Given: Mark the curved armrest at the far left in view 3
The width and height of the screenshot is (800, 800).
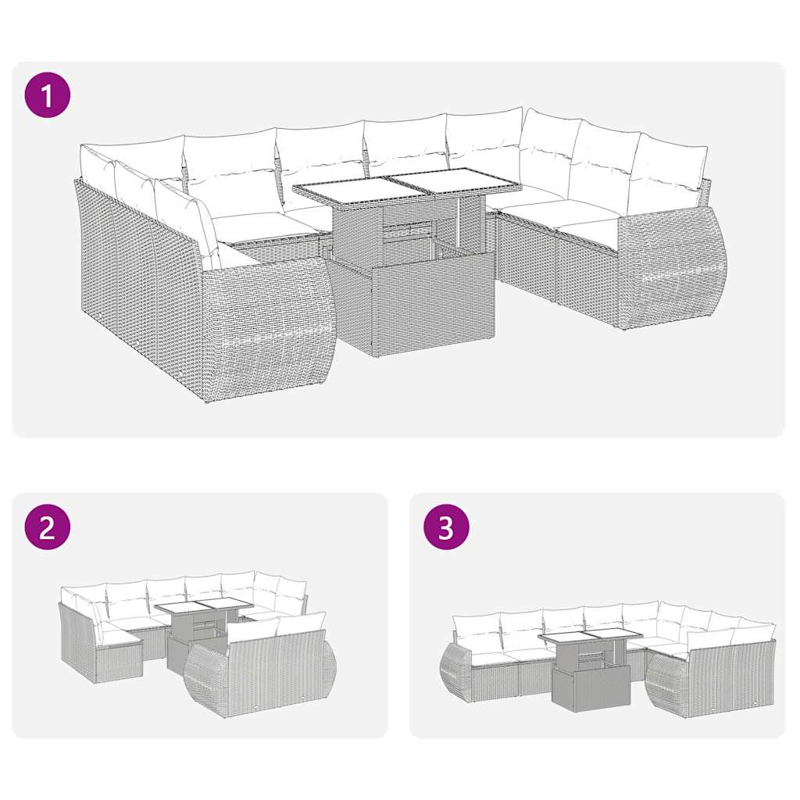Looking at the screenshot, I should (x=455, y=672).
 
